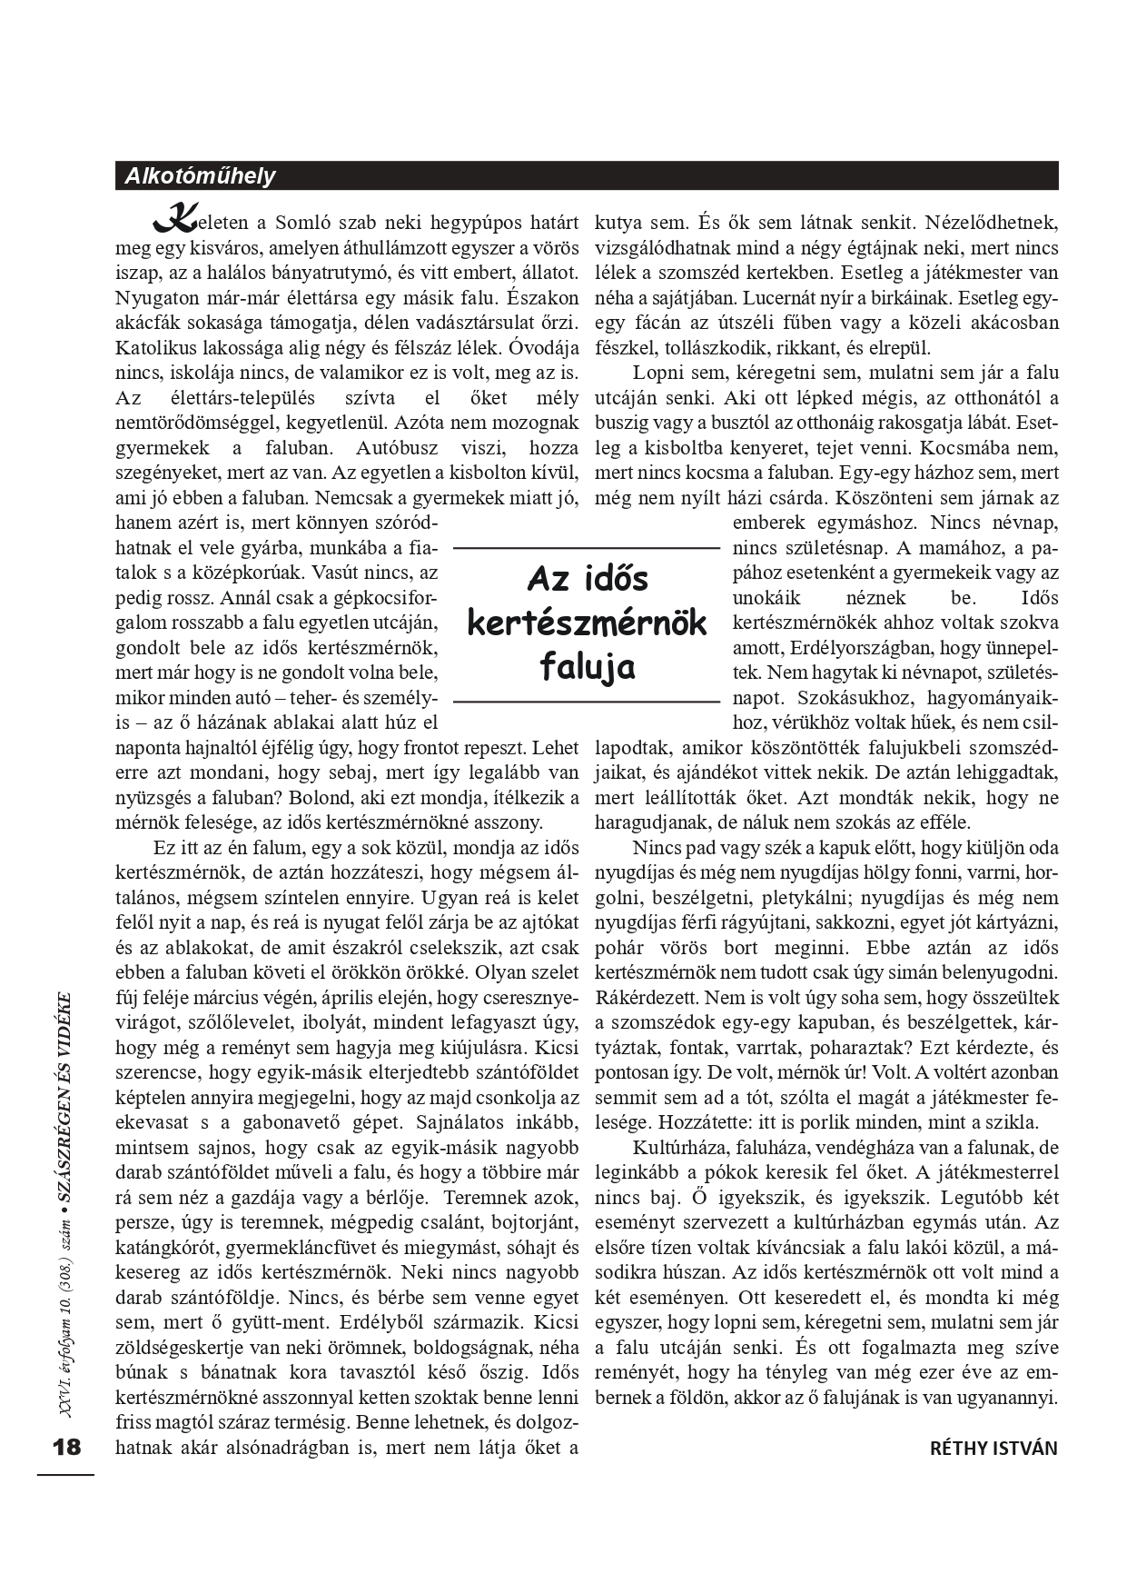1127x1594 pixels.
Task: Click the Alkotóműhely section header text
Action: tap(196, 176)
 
